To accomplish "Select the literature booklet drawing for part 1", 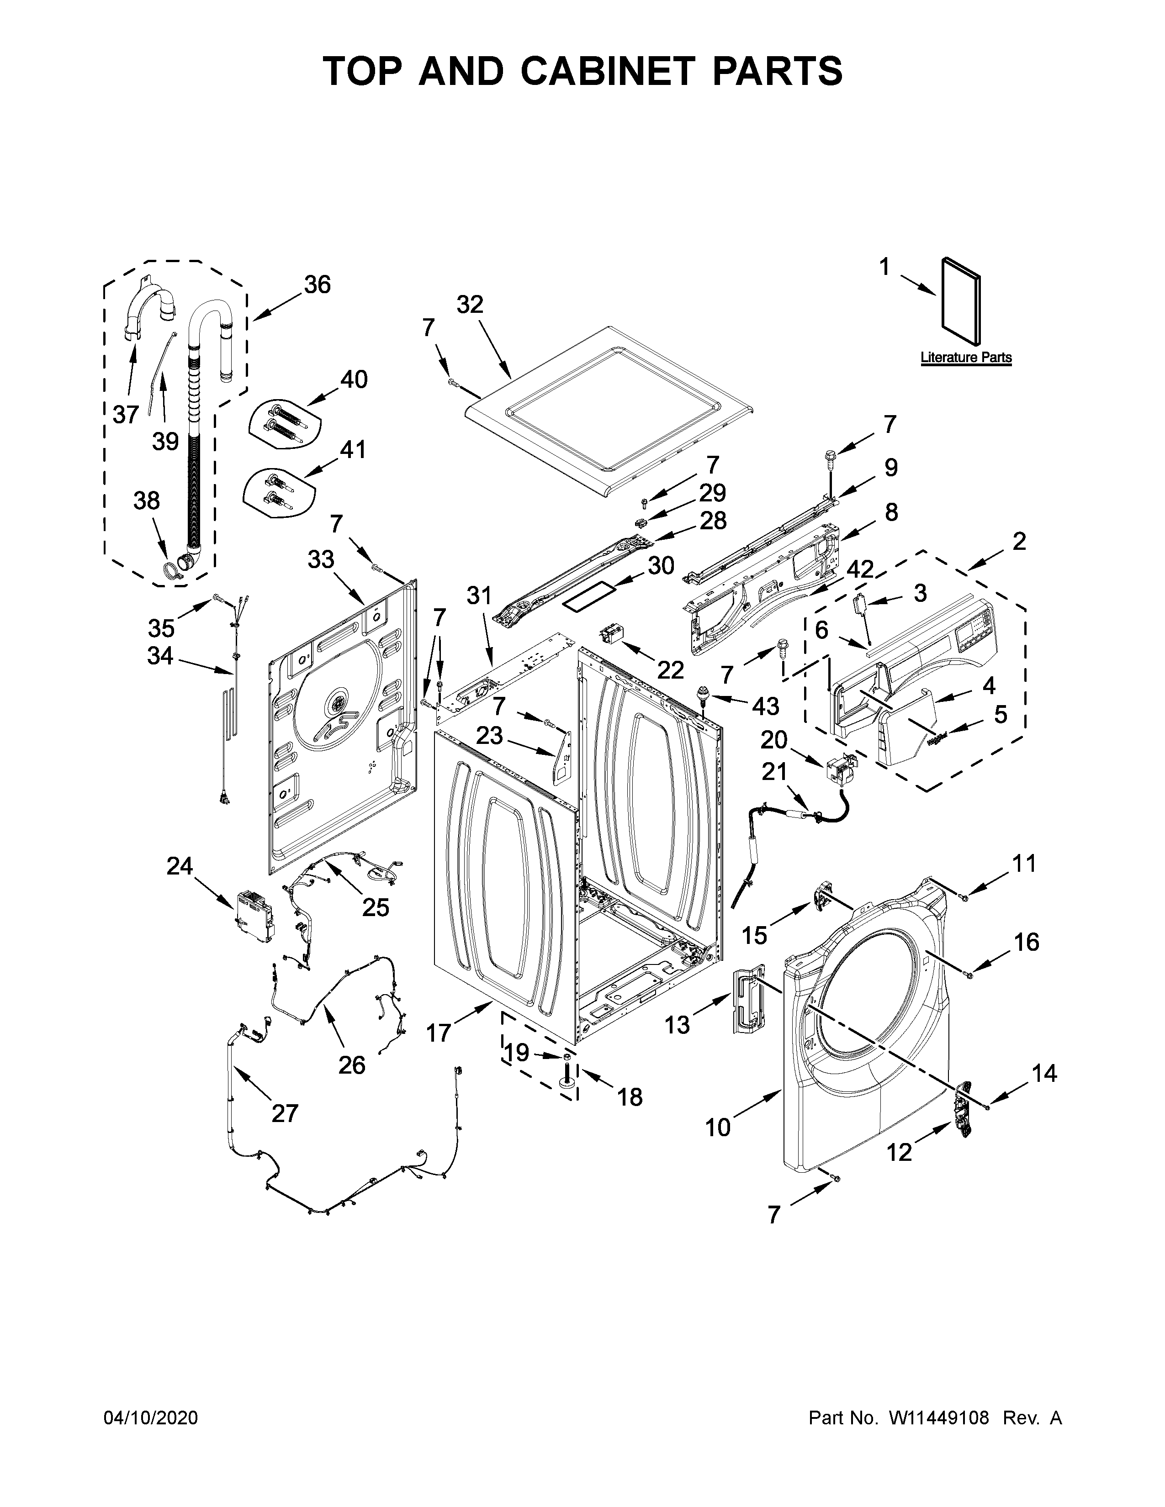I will [961, 301].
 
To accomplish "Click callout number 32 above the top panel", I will [470, 304].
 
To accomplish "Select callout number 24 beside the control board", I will [180, 866].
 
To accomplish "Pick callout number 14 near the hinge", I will [1044, 1073].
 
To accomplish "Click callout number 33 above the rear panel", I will [321, 559].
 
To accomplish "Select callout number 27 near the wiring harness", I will [284, 1112].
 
